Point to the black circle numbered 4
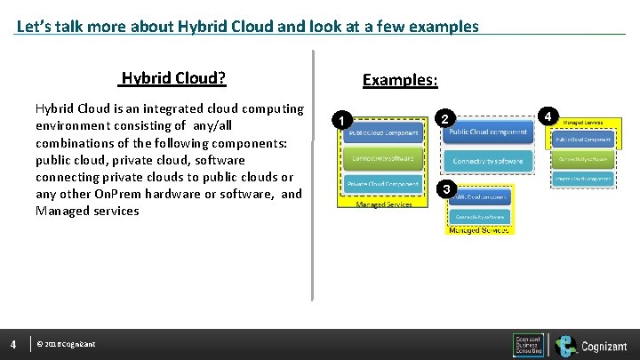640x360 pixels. (x=550, y=116)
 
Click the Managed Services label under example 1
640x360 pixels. (x=383, y=204)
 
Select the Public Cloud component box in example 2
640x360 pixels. (x=488, y=132)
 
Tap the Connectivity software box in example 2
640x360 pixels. (x=488, y=161)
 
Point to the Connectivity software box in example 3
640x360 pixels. (x=481, y=216)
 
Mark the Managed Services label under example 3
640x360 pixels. (x=479, y=230)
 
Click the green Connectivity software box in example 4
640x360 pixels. (x=583, y=159)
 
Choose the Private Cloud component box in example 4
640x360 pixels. (x=583, y=179)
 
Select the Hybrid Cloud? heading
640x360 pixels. (x=173, y=78)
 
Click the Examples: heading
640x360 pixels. (x=399, y=80)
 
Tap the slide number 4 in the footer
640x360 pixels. (x=13, y=344)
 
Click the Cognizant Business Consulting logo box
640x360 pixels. (x=528, y=345)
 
